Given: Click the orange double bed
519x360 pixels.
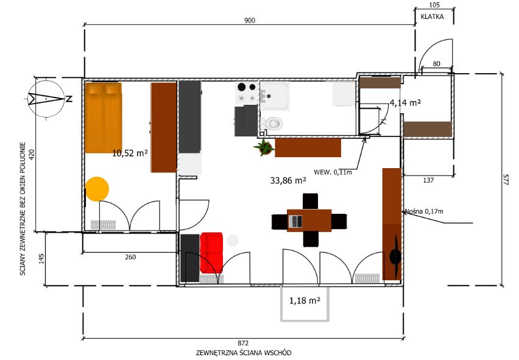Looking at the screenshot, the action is (104, 118).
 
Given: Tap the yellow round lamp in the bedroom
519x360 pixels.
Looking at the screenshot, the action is (97, 189).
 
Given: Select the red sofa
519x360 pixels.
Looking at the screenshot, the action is (211, 253).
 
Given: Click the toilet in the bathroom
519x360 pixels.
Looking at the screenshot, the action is (274, 124).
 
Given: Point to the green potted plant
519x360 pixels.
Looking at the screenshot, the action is (264, 147).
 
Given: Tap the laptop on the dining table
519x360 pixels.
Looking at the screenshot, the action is (295, 221).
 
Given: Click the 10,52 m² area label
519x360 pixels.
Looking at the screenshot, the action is (130, 154).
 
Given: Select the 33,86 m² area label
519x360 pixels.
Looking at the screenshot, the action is (288, 181).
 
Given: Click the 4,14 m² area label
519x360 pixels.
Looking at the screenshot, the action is (405, 103).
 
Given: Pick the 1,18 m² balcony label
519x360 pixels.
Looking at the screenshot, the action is (305, 301).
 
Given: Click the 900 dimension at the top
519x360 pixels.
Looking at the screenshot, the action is (250, 21).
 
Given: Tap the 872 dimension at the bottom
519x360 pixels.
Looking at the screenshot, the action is (243, 344).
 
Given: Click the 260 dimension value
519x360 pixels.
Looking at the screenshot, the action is (130, 257).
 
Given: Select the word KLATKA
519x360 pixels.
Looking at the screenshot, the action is (432, 16).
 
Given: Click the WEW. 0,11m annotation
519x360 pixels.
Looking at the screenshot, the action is (333, 172).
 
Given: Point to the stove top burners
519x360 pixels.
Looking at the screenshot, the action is (247, 92).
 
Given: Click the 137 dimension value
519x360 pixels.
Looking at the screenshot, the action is (428, 180).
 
